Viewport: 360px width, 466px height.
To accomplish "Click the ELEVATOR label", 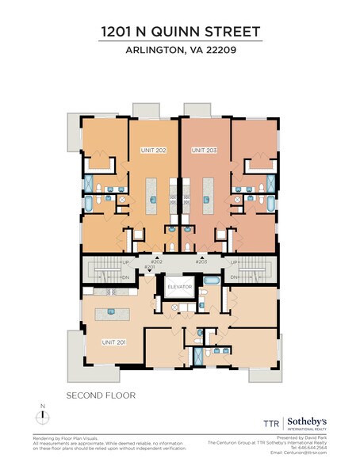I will pyautogui.click(x=179, y=288).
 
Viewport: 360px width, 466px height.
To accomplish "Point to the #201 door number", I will pyautogui.click(x=150, y=267).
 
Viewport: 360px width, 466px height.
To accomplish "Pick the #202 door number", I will pyautogui.click(x=155, y=261).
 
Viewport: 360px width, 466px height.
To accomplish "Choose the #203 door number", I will pyautogui.click(x=201, y=261).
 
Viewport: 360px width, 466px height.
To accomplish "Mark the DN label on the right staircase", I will pyautogui.click(x=234, y=277).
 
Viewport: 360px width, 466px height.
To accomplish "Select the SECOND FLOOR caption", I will pyautogui.click(x=101, y=395).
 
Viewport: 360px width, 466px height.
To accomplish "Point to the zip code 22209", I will pyautogui.click(x=220, y=52).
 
